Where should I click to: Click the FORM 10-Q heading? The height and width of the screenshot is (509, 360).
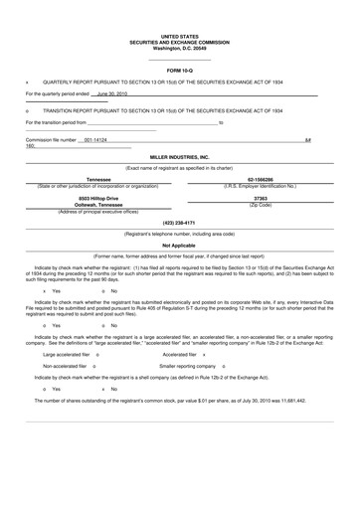[179, 72]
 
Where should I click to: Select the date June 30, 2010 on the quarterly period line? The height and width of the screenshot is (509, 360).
[111, 93]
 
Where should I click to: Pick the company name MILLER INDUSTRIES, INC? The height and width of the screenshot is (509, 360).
[179, 157]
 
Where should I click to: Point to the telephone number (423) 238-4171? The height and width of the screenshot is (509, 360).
[179, 222]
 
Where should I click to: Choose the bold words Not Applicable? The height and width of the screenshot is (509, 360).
[179, 245]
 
